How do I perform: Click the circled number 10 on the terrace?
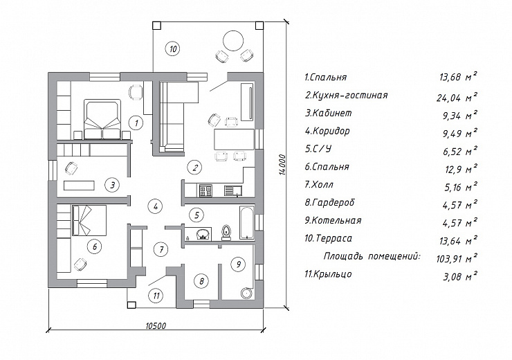(173, 49)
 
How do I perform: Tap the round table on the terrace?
(232, 41)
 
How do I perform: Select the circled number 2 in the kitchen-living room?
(194, 168)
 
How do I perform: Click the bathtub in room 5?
(246, 223)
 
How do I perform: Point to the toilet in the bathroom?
(226, 232)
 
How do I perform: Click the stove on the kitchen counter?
(205, 191)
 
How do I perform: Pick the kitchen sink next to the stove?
(232, 191)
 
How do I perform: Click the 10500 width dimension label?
(156, 325)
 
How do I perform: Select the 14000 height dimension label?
(283, 164)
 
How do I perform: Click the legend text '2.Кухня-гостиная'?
(347, 95)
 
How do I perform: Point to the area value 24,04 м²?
(457, 97)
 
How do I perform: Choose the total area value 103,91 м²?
(457, 258)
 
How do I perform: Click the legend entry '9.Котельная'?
(333, 220)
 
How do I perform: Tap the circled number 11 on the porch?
(156, 296)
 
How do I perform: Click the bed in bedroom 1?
(102, 120)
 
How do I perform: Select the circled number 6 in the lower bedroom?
(95, 246)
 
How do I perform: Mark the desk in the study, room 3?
(80, 186)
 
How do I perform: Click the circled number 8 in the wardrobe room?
(201, 281)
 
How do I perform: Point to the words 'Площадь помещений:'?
(372, 256)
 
